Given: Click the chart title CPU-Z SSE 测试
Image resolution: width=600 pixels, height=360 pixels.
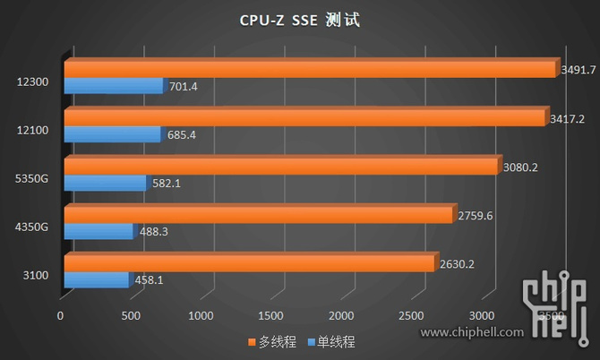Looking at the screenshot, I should click(x=299, y=20).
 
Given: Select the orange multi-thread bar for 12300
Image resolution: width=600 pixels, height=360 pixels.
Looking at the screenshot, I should click(x=309, y=69).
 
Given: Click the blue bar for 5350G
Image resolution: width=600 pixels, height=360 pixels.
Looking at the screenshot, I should click(x=104, y=183).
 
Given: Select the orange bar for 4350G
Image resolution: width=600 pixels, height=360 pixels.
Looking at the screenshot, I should click(x=257, y=215).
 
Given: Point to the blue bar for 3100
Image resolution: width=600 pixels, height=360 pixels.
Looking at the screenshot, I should click(x=96, y=279).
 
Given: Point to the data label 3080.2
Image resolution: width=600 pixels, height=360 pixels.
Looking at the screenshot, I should click(x=519, y=166).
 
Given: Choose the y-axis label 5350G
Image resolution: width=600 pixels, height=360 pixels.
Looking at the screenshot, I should click(x=31, y=178).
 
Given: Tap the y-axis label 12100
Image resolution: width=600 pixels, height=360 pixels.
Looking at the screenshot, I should click(x=31, y=131).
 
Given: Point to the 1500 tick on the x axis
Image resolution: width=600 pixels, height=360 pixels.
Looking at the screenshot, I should click(x=271, y=315).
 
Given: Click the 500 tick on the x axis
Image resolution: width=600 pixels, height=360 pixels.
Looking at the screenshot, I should click(x=131, y=315).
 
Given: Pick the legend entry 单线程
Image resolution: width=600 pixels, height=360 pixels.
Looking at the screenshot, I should click(x=330, y=342).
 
